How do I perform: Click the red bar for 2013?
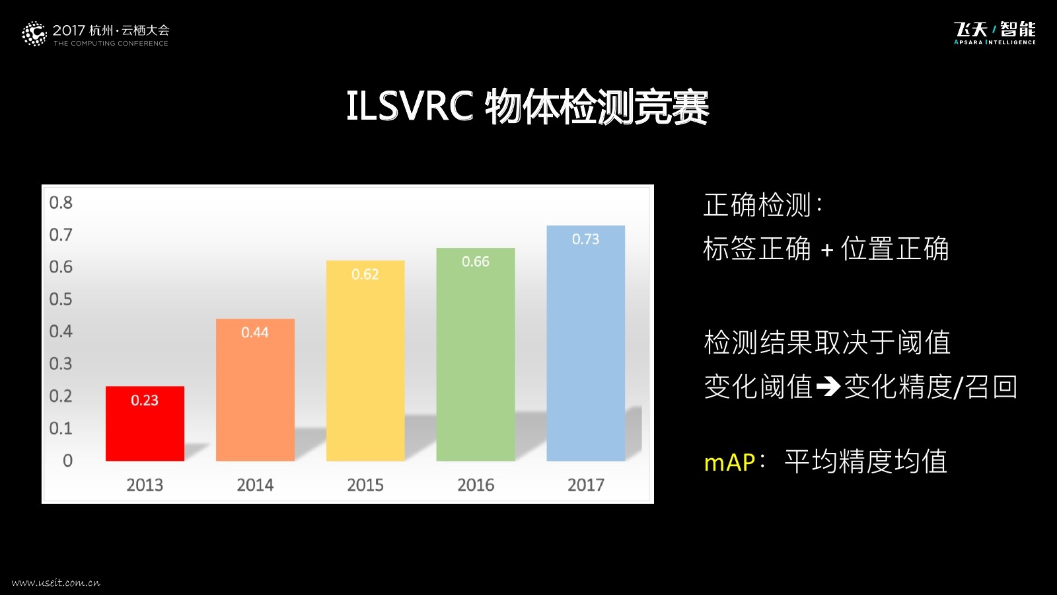click(145, 424)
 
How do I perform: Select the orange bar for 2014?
click(255, 389)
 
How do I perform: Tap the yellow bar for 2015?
click(365, 361)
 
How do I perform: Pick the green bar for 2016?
click(476, 354)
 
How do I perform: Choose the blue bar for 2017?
click(585, 343)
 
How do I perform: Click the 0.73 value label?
click(585, 239)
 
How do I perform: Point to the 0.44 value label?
click(255, 333)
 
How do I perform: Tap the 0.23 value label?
click(145, 401)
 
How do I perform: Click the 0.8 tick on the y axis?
click(61, 202)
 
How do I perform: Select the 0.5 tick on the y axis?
click(61, 299)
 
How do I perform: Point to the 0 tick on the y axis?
click(67, 460)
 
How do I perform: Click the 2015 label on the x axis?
click(365, 485)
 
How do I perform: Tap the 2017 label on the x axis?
click(585, 485)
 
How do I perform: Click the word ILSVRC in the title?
click(410, 105)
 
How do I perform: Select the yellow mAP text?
click(729, 462)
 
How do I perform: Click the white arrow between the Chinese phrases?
click(828, 387)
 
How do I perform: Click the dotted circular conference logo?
click(34, 34)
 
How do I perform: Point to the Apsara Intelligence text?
click(995, 42)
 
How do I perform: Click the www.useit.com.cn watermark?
click(56, 582)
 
